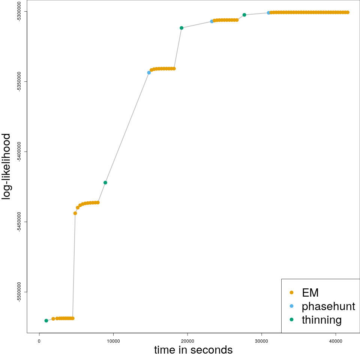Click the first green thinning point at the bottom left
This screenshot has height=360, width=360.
tap(46, 321)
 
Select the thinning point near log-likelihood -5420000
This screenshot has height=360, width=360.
tap(105, 183)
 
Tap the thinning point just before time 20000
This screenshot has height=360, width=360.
tap(181, 28)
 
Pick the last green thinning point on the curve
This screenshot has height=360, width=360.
tap(244, 15)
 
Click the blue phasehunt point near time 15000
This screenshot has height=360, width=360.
tap(149, 73)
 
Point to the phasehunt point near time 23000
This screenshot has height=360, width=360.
tap(212, 21)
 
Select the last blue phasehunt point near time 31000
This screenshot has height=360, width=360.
tap(268, 13)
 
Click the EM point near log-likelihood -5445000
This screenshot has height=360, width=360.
tap(75, 213)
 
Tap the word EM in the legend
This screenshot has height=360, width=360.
tap(310, 293)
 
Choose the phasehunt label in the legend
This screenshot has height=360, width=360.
tap(328, 306)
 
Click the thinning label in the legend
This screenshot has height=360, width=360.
tap(321, 320)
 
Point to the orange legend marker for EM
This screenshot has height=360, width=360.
tap(292, 292)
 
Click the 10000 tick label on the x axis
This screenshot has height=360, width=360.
tap(113, 341)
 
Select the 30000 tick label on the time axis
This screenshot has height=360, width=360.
tap(261, 341)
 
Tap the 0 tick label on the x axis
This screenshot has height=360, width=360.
tap(39, 341)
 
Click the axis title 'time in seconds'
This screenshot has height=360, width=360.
tap(193, 350)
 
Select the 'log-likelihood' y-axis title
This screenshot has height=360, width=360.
tap(7, 166)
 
